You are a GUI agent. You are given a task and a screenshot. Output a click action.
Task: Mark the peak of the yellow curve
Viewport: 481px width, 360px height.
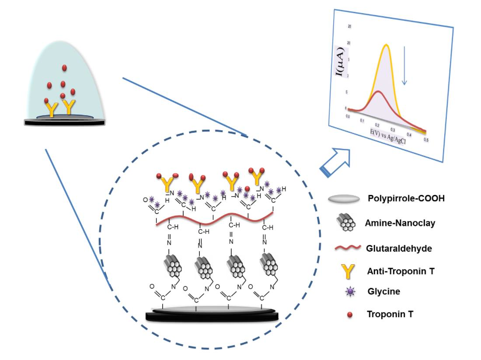(x=386, y=45)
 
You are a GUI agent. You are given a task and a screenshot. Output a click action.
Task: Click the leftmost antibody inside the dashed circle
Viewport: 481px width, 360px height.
(x=167, y=184)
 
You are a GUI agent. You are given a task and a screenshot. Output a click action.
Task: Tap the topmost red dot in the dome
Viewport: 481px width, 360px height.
(x=64, y=68)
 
